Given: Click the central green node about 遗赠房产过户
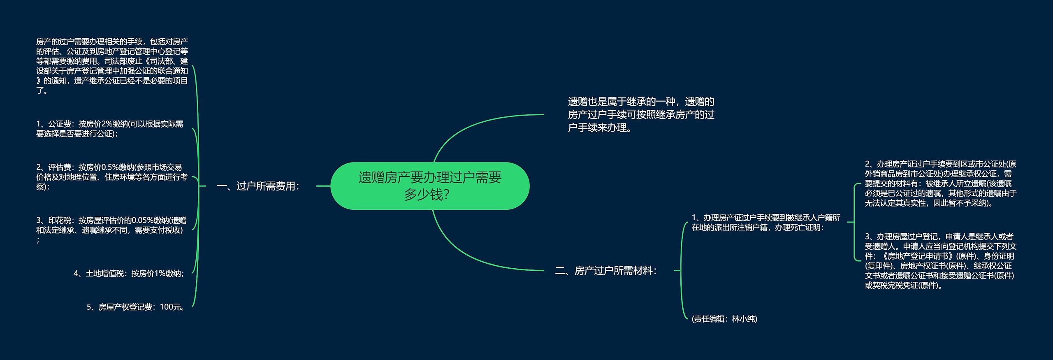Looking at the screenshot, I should [x=430, y=186].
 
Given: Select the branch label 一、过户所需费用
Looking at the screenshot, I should [x=258, y=186].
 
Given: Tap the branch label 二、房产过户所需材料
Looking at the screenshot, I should [x=606, y=271].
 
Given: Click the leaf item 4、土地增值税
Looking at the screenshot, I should [x=128, y=274].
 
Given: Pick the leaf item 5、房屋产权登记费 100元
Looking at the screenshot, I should [x=136, y=307].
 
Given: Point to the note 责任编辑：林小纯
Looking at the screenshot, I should [x=724, y=319].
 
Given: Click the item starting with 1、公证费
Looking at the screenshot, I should [x=110, y=129].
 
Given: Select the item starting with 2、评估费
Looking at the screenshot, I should [x=111, y=177].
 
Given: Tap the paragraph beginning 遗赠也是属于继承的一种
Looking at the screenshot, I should [x=641, y=114].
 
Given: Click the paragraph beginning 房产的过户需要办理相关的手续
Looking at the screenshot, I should [x=112, y=66].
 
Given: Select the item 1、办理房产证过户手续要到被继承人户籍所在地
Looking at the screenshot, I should [x=766, y=223].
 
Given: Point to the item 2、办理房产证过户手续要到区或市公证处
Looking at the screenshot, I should [x=940, y=183].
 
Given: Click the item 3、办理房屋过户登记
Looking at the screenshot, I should [x=940, y=261].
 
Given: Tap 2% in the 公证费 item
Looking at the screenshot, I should [x=107, y=124].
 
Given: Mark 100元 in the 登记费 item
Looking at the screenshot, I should [x=170, y=307].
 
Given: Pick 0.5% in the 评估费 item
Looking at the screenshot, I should [x=109, y=167].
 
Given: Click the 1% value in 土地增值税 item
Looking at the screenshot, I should [x=160, y=274].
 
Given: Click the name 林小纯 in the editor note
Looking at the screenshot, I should [x=744, y=319].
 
